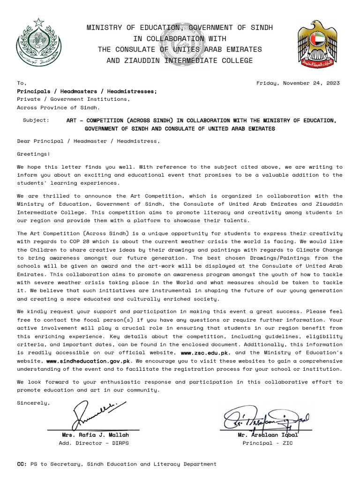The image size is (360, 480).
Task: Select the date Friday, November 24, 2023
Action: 298,83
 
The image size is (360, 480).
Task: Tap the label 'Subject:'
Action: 36,120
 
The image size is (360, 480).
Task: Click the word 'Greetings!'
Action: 33,153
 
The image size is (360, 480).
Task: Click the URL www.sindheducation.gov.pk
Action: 88,361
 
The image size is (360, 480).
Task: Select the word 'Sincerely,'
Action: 33,403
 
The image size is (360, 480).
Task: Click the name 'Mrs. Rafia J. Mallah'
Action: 92,435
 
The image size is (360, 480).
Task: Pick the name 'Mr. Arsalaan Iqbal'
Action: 268,435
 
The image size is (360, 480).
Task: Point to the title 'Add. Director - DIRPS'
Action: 93,443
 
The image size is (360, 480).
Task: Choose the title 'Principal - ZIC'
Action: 268,443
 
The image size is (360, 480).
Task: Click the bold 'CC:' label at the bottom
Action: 22,464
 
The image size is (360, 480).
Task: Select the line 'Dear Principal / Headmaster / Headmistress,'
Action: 88,141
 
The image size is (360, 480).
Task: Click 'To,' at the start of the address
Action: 22,83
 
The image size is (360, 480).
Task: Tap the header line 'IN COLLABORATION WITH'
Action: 180,38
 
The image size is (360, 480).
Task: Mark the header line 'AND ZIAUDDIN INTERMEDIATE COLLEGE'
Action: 180,60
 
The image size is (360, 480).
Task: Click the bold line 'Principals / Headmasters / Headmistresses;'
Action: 87,91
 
